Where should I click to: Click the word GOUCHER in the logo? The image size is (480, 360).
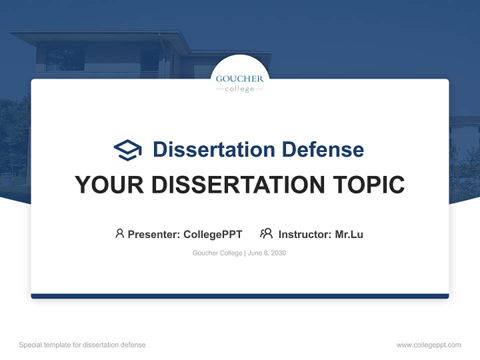coord(239,78)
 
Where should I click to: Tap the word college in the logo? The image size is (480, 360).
coord(239,89)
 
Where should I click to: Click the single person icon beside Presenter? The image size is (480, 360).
coord(119,233)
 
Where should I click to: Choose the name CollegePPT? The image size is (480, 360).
coord(212,234)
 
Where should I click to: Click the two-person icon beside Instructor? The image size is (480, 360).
coord(266,233)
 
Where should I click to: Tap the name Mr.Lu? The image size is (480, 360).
coord(349,234)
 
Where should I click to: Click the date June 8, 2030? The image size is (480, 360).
coord(267,253)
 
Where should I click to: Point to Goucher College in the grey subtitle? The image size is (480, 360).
coord(217,253)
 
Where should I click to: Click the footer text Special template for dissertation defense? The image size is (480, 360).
coord(82,345)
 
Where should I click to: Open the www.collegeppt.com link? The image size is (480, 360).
coord(428,345)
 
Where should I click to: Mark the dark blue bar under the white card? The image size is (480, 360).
coord(240,296)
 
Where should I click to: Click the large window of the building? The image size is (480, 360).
coord(65,59)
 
